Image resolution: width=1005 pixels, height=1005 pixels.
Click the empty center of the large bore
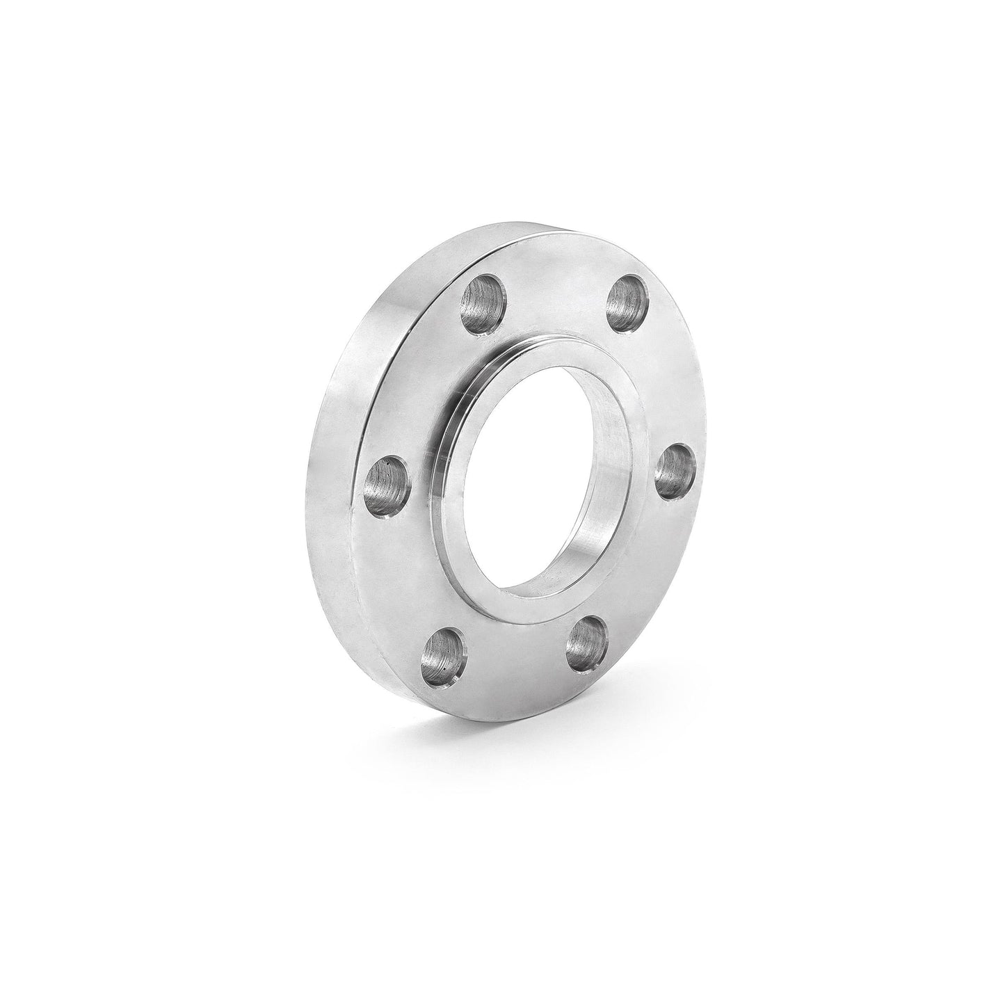pos(529,487)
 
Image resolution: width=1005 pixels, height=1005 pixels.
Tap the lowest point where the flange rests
pos(480,726)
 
